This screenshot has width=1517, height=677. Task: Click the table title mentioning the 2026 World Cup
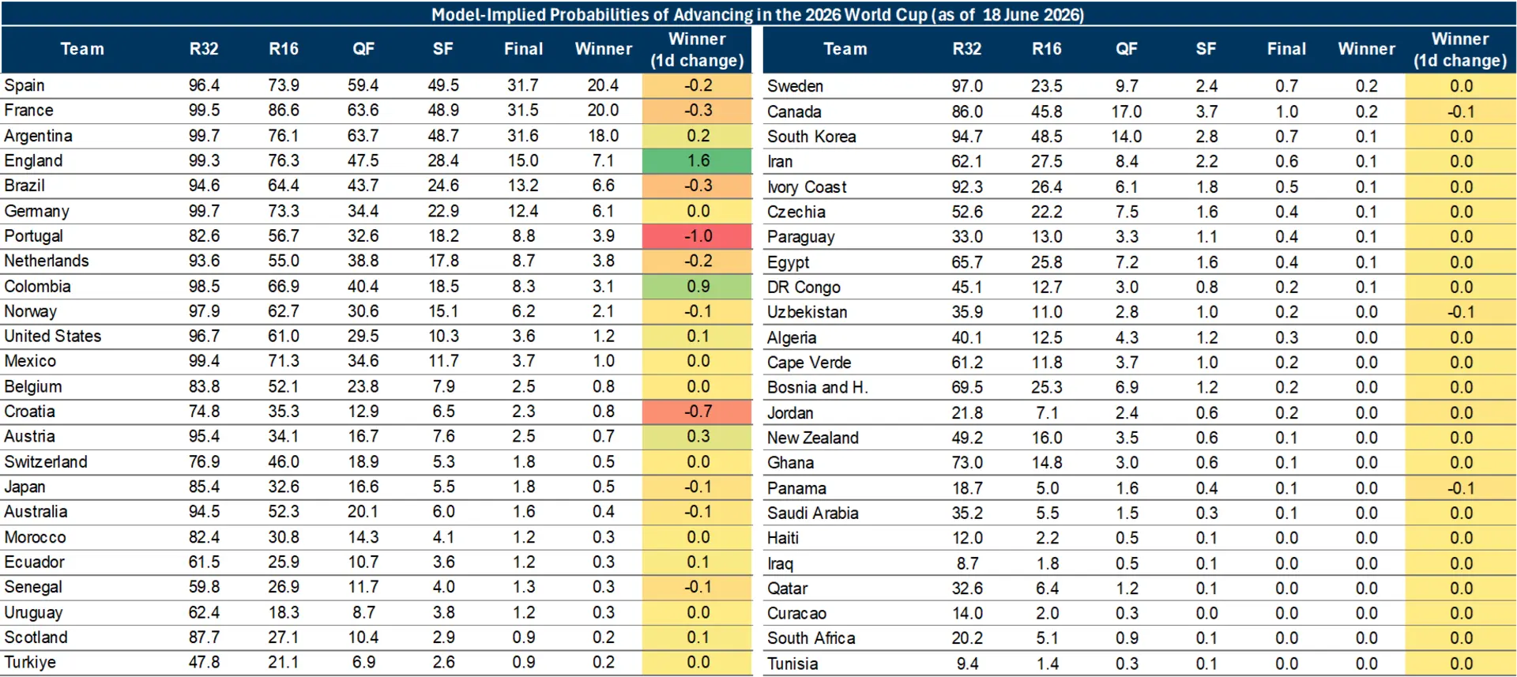[758, 14]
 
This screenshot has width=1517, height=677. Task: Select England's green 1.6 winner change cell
[698, 161]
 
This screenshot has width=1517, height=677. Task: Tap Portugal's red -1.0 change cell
[698, 236]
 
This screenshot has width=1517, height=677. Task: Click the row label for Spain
[24, 85]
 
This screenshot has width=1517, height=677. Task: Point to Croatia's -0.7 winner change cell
[698, 412]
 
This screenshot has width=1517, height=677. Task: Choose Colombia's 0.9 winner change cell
[698, 287]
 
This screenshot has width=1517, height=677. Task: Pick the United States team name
[53, 337]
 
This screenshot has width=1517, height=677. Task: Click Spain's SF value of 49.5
[443, 85]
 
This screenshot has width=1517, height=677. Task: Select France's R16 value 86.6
[284, 111]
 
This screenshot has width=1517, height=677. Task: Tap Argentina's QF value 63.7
[363, 136]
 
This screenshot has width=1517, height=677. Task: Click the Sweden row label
[795, 86]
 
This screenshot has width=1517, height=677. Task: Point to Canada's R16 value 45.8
[1047, 112]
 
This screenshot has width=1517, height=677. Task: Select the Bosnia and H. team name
[818, 388]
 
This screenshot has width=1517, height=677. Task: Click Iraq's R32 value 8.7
[968, 564]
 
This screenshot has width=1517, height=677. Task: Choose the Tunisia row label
[792, 664]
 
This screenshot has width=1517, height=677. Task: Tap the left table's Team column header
[82, 49]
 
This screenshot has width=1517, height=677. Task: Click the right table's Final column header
[1286, 49]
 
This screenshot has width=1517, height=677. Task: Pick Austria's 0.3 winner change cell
[698, 437]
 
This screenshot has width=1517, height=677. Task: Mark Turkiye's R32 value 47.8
[204, 663]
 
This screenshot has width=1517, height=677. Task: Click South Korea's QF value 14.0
[1127, 137]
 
